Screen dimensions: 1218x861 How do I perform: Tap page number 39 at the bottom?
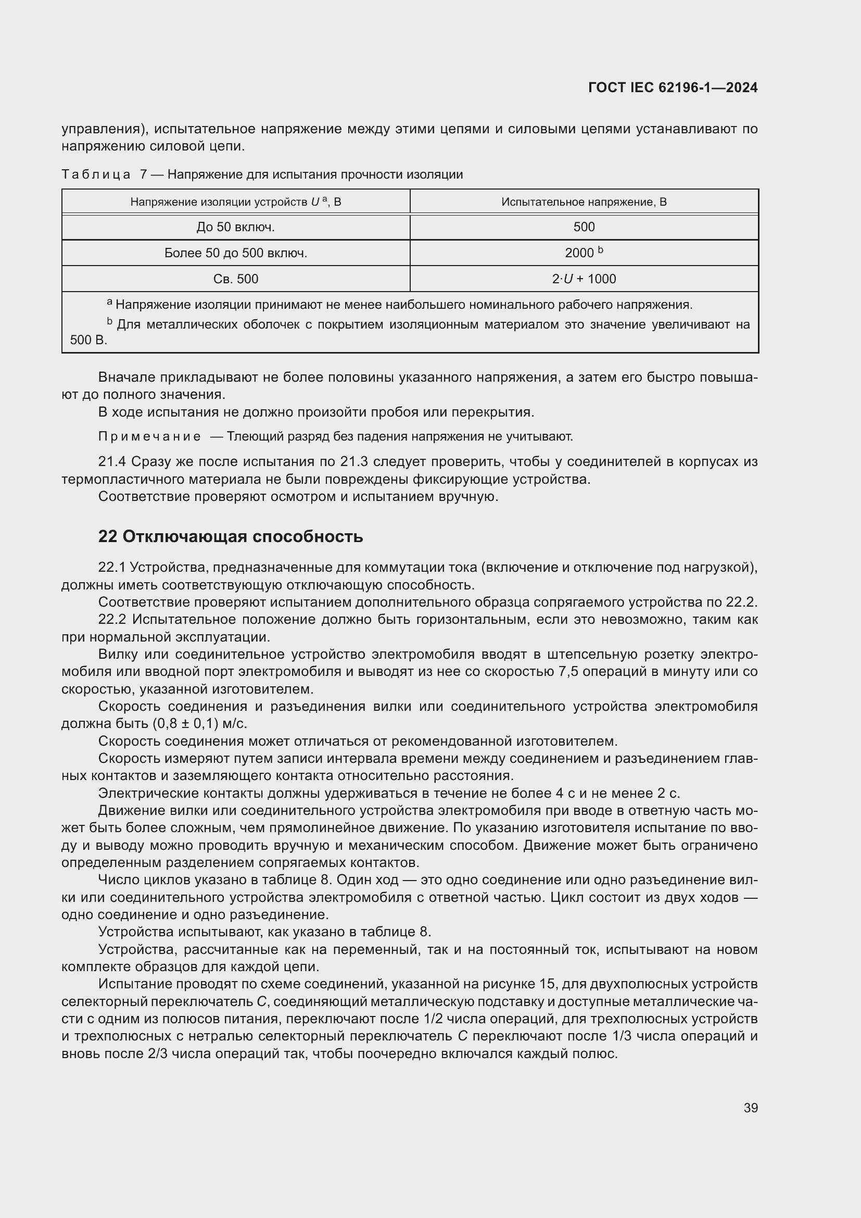[750, 1108]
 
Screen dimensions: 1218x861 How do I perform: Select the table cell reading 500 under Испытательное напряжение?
[584, 227]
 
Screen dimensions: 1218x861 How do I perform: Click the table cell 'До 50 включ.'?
[235, 227]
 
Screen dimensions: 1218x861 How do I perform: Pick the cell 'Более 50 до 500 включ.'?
[235, 253]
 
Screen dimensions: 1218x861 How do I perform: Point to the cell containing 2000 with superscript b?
[584, 253]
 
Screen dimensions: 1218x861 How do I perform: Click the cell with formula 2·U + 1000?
[584, 279]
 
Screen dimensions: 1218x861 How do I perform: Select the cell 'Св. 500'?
[235, 279]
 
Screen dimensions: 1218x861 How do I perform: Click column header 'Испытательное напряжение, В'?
[584, 202]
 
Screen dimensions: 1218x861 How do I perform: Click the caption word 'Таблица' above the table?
[96, 174]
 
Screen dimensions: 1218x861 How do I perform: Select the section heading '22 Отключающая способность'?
[231, 536]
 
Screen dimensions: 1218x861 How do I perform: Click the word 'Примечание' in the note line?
[149, 436]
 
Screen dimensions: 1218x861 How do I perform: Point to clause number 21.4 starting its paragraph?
[112, 461]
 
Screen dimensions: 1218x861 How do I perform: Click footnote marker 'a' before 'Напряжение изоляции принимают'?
[109, 303]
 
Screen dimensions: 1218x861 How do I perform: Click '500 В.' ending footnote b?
[88, 340]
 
